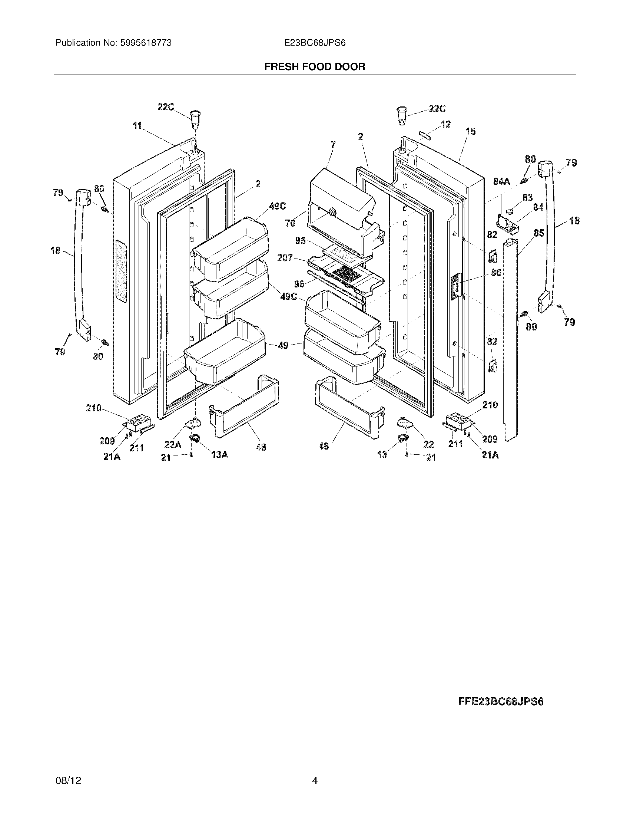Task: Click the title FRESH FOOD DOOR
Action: [x=315, y=67]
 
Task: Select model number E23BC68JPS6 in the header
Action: [x=315, y=43]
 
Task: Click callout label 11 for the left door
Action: [x=137, y=126]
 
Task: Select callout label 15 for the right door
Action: [x=471, y=131]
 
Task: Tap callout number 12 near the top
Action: [x=445, y=124]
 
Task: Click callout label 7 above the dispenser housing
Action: [x=333, y=144]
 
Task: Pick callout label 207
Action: [x=285, y=258]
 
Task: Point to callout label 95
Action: [x=301, y=241]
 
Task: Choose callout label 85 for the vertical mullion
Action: [x=538, y=233]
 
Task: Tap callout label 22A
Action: [x=173, y=445]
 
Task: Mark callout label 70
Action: [x=290, y=223]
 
